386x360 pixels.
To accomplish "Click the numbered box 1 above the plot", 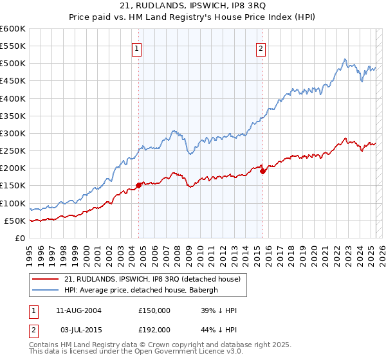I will tap(138, 48).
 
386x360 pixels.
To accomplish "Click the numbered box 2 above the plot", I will tap(261, 48).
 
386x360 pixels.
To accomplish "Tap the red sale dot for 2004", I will tap(139, 185).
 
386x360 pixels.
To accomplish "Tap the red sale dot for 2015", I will tap(262, 170).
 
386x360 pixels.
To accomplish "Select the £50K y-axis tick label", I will tap(15, 221).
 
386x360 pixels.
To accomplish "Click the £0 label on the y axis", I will tap(19, 238).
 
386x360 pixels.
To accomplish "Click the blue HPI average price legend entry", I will tap(142, 290).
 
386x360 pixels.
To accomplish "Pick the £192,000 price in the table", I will tap(154, 329).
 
